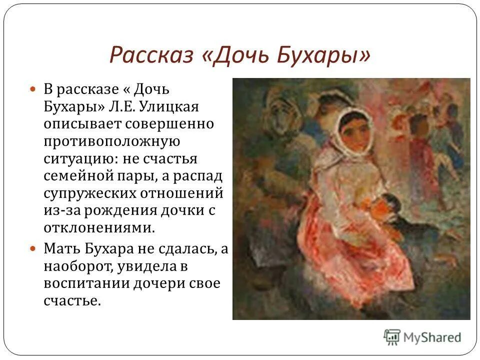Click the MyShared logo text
[x=432, y=337]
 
